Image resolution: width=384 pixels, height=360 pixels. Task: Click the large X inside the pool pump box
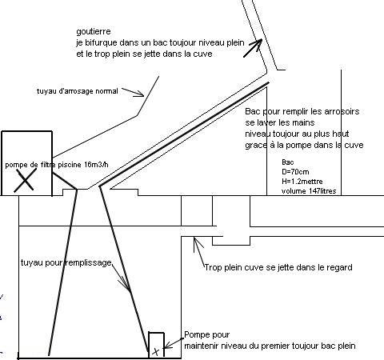point(25,180)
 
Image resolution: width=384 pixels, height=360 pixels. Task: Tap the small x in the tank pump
point(156,352)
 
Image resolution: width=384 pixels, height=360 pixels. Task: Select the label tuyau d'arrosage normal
point(78,91)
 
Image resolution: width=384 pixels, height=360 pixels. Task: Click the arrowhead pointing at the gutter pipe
point(258,42)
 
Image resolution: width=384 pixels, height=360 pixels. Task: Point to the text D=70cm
point(295,172)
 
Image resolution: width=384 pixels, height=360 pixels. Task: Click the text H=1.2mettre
point(302,182)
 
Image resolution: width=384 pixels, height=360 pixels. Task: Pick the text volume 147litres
point(309,191)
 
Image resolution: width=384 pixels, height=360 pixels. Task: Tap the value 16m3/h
point(96,165)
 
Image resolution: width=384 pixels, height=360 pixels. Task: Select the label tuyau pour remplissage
point(66,262)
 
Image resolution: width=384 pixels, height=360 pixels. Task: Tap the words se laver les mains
point(280,122)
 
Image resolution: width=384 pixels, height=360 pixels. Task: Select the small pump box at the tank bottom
point(156,345)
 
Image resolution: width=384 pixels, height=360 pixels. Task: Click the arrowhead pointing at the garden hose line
point(140,94)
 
